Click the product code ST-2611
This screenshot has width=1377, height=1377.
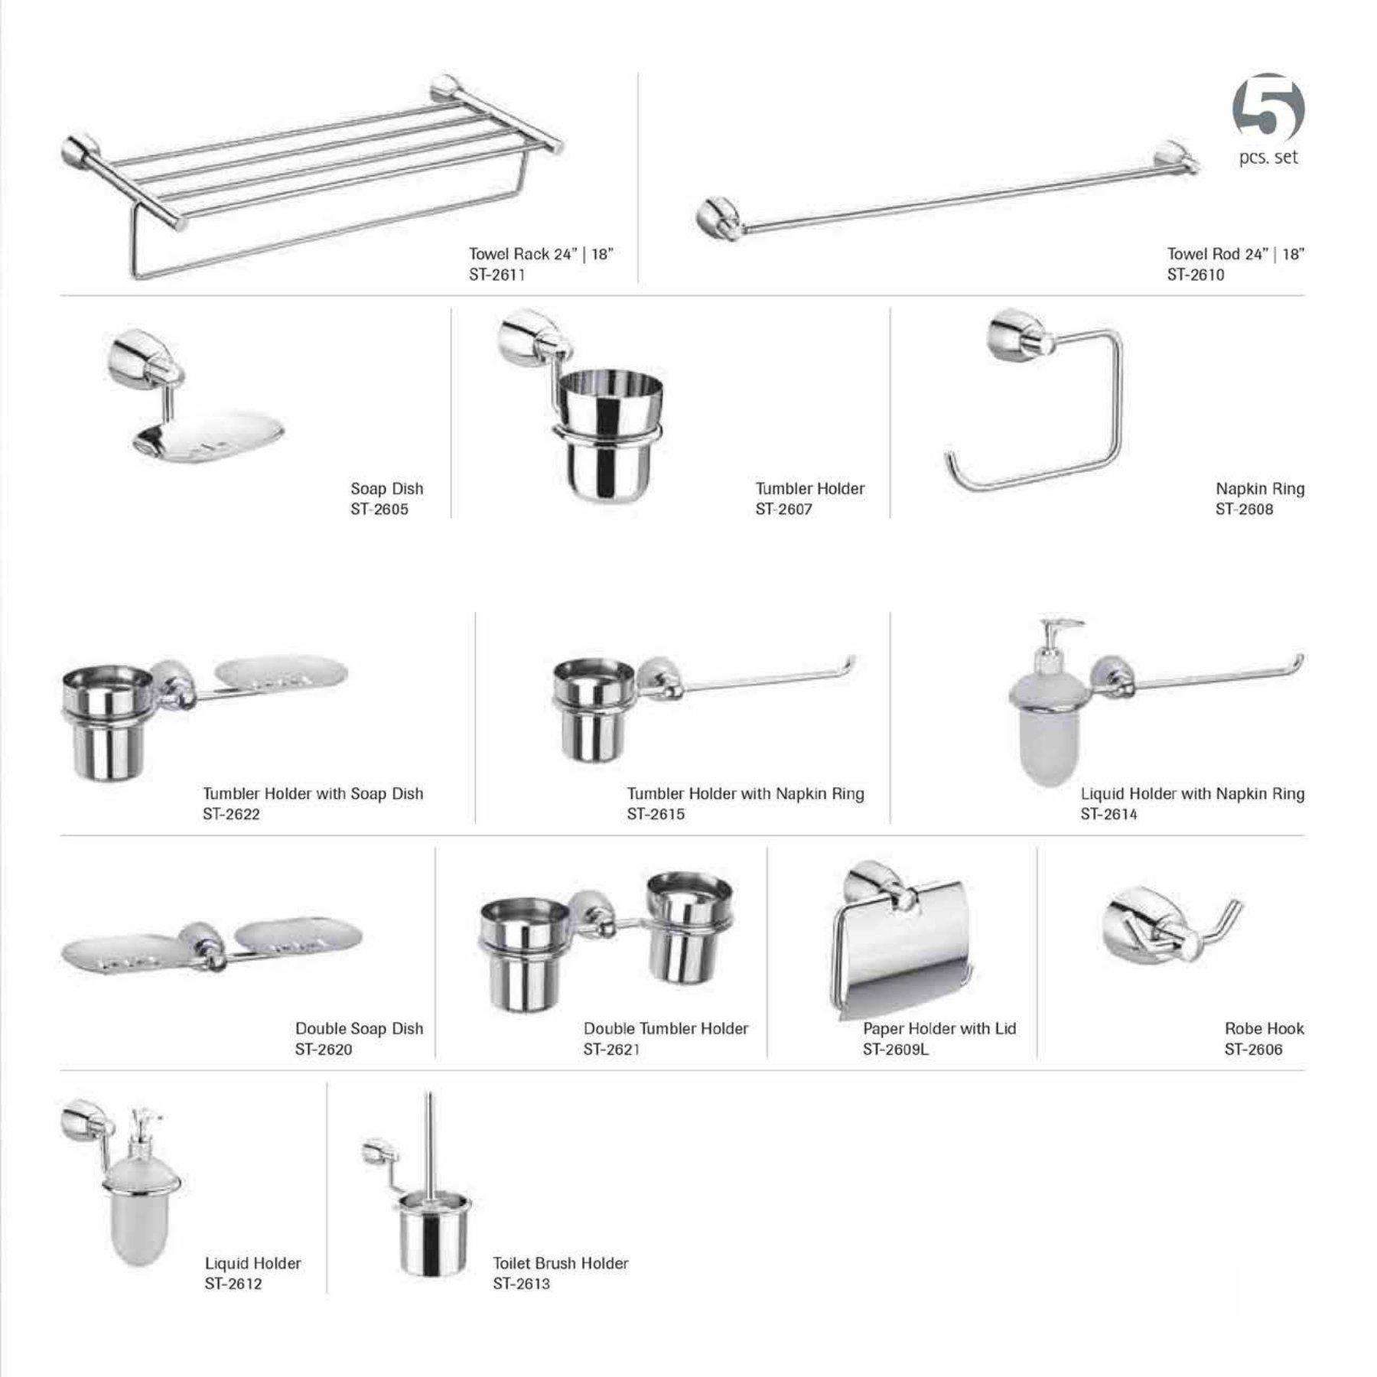point(496,275)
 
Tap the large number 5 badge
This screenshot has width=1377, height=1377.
point(1268,112)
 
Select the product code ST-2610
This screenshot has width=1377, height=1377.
point(1195,275)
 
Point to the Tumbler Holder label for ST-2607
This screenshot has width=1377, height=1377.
point(809,489)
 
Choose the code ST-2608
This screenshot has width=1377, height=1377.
point(1244,509)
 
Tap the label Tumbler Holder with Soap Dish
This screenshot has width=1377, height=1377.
point(313,794)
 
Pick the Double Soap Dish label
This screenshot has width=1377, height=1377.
point(359,1029)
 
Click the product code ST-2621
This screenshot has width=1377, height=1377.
point(611,1050)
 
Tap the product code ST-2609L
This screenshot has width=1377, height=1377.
point(895,1050)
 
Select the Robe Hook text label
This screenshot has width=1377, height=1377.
point(1264,1029)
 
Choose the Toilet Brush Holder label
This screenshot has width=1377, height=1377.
point(560,1263)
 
